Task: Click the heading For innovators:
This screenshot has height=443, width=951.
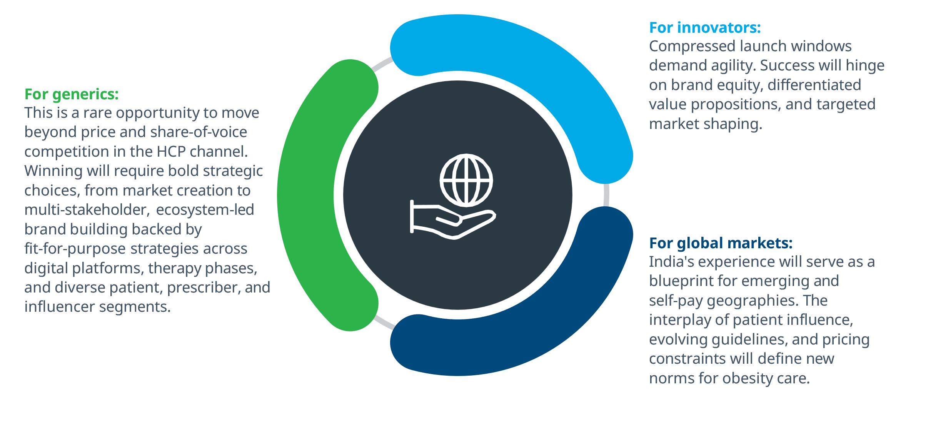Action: pyautogui.click(x=705, y=28)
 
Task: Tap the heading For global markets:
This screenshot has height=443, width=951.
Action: pyautogui.click(x=721, y=243)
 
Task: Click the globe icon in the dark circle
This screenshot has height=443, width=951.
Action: pyautogui.click(x=466, y=180)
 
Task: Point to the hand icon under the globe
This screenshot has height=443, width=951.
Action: pyautogui.click(x=452, y=220)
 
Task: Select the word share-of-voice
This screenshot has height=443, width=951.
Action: pyautogui.click(x=199, y=132)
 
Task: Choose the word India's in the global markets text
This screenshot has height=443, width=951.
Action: pyautogui.click(x=671, y=262)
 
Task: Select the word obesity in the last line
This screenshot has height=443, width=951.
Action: pyautogui.click(x=747, y=379)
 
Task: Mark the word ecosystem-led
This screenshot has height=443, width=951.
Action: pyautogui.click(x=205, y=210)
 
